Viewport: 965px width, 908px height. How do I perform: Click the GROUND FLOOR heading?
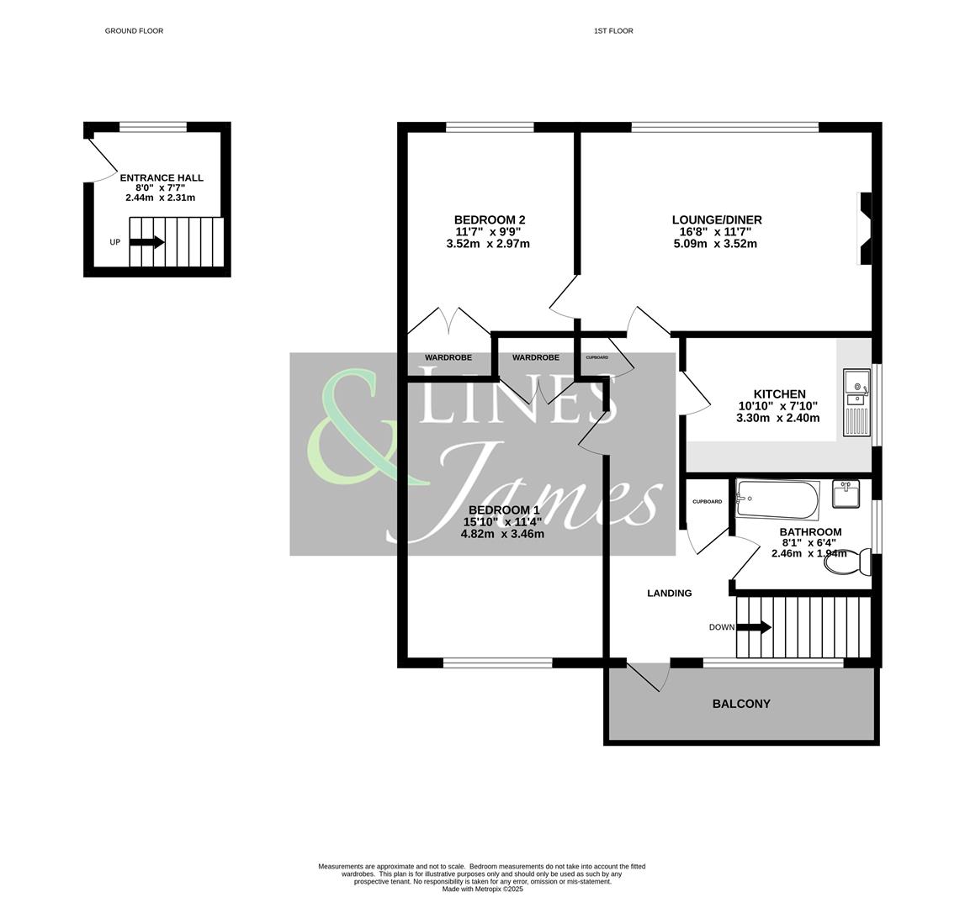[134, 31]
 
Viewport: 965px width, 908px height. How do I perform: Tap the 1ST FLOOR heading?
[613, 31]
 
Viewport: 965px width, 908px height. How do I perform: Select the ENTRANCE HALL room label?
[162, 178]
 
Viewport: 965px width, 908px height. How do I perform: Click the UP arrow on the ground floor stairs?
[147, 242]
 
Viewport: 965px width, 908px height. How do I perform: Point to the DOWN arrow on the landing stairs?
[754, 627]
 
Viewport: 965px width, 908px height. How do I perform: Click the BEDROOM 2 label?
[490, 220]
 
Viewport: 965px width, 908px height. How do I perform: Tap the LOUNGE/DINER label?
[717, 220]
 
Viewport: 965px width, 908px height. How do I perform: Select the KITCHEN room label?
[779, 393]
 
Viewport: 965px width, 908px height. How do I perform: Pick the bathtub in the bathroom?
[777, 499]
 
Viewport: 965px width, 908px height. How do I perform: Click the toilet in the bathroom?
[850, 562]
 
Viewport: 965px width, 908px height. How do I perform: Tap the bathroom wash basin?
[846, 494]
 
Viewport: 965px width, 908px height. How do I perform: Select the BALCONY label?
[741, 705]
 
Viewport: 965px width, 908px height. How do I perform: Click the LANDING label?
[670, 594]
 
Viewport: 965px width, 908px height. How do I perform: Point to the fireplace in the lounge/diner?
[864, 229]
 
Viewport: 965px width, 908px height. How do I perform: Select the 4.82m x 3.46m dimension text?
[502, 534]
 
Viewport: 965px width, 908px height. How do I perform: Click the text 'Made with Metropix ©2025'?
[482, 889]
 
